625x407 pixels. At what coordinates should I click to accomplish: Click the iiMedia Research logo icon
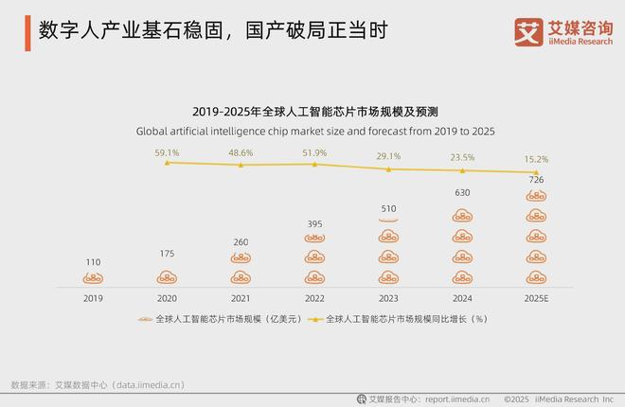pos(527,30)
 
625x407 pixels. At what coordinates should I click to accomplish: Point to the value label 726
pos(536,180)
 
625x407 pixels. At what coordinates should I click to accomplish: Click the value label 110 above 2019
pos(92,261)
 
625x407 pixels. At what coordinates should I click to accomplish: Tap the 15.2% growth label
pos(536,159)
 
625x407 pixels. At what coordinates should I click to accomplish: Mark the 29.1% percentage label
pos(388,155)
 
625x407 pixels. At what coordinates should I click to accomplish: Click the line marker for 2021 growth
pos(241,165)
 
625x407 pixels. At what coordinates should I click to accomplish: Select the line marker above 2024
pos(462,170)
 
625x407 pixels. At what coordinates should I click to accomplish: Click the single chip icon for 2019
pos(92,277)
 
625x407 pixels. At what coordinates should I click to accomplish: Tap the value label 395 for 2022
pos(314,223)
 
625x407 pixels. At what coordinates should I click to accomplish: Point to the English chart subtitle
pos(315,131)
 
